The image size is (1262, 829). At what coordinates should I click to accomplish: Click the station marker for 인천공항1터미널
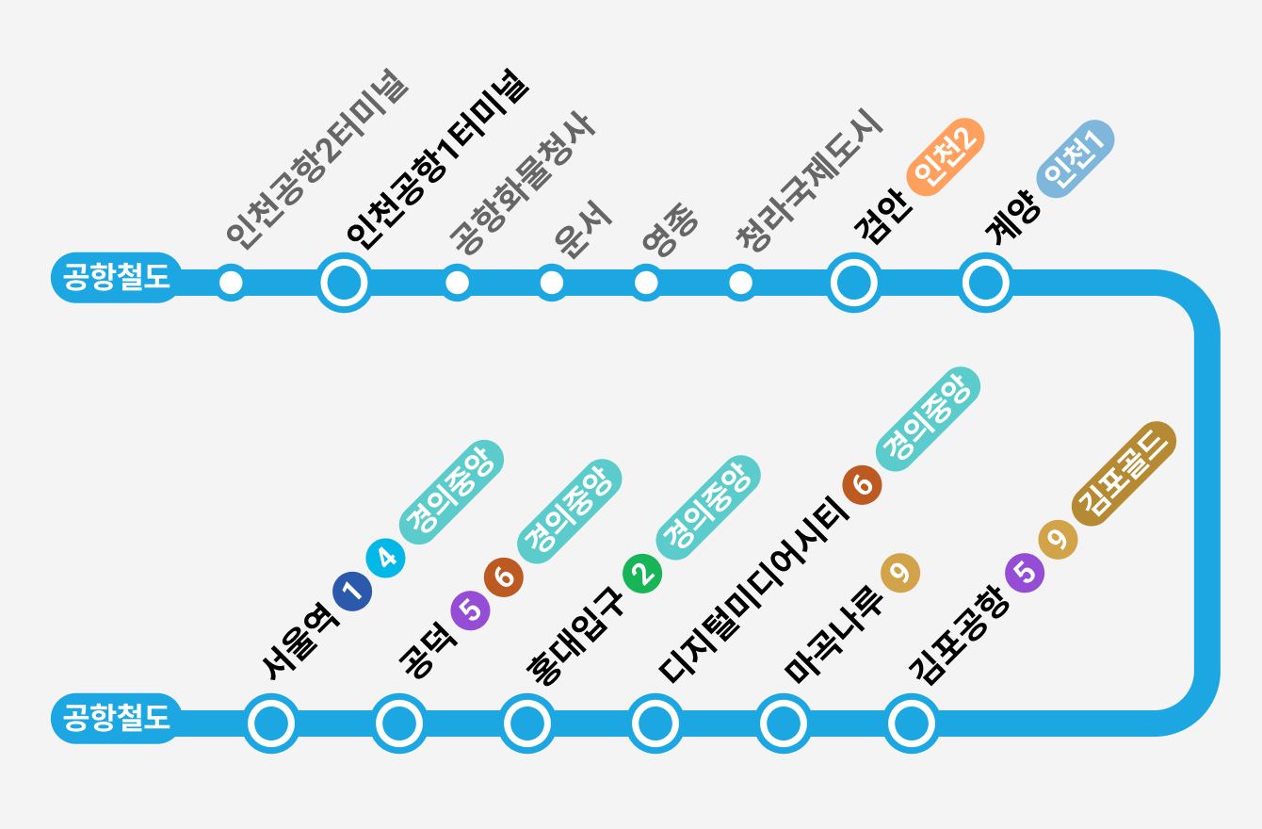point(343,282)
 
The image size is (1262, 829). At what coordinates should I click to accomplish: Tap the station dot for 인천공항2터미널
point(230,282)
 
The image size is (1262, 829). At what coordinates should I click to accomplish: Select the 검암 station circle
point(853,282)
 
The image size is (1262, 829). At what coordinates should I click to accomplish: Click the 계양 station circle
point(985,282)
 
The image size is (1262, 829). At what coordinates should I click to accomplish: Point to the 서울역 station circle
point(271,723)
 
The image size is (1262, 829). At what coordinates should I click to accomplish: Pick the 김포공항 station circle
point(910,723)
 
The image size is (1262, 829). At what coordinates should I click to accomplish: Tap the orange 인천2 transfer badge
point(946,156)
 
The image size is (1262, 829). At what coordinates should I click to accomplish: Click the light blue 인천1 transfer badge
point(1075,157)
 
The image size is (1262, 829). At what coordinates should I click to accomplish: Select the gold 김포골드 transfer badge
point(1124,473)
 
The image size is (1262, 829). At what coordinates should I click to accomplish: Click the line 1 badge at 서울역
point(352,592)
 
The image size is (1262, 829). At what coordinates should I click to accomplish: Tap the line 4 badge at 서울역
point(386,558)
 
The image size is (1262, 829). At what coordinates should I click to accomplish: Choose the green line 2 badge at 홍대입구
point(642,574)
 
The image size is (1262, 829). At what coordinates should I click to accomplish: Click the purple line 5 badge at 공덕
point(471,610)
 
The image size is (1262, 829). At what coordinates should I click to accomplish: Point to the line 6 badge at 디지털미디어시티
point(862,485)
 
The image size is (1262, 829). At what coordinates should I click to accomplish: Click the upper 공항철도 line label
point(115,278)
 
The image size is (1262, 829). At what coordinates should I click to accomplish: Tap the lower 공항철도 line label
point(115,719)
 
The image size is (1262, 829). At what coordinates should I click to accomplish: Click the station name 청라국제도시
point(809,183)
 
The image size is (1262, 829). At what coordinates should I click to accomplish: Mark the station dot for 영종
point(646,282)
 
